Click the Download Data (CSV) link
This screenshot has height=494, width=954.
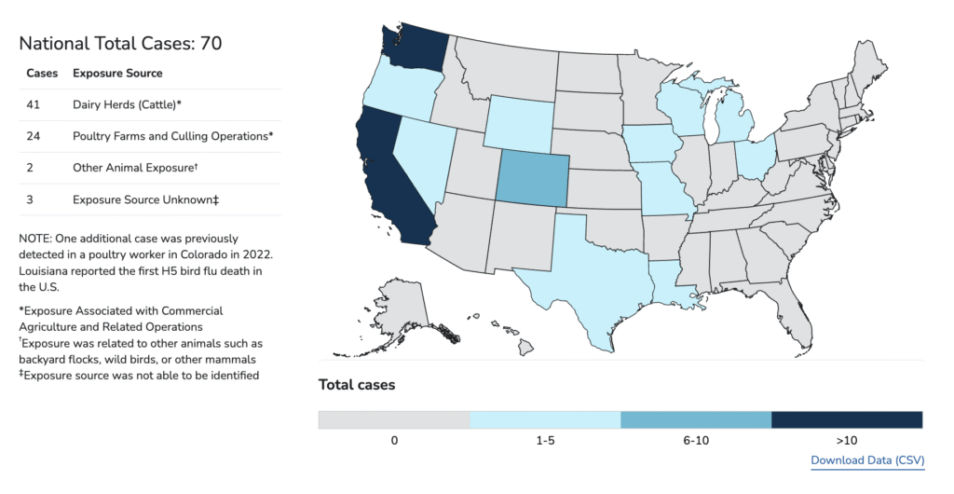pos(866,460)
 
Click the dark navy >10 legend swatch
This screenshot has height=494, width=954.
pos(847,419)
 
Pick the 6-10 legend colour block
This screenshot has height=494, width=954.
pos(696,419)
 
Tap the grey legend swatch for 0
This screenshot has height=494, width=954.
pos(394,419)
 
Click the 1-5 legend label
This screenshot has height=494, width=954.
pos(545,440)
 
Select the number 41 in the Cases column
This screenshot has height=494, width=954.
pos(34,104)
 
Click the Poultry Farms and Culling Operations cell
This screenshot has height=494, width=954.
pos(172,136)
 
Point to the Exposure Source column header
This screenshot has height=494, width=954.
pos(117,73)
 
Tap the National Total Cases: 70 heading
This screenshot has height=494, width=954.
pos(120,43)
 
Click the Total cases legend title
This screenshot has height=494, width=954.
pos(357,384)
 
